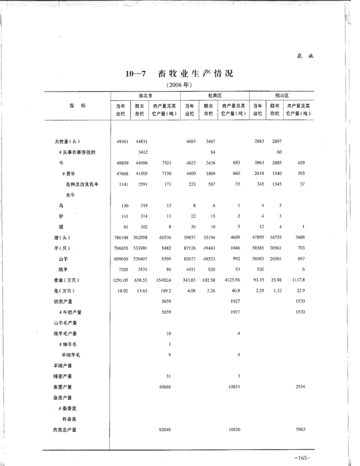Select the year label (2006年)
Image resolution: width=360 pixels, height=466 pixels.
point(179,84)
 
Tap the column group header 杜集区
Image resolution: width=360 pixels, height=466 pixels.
point(214,96)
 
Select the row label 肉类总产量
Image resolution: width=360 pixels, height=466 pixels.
point(65,430)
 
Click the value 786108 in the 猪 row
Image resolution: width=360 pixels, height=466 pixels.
point(121,238)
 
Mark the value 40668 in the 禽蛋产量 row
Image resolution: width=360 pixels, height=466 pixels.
point(165,387)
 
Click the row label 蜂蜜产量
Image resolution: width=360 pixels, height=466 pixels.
point(62,377)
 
